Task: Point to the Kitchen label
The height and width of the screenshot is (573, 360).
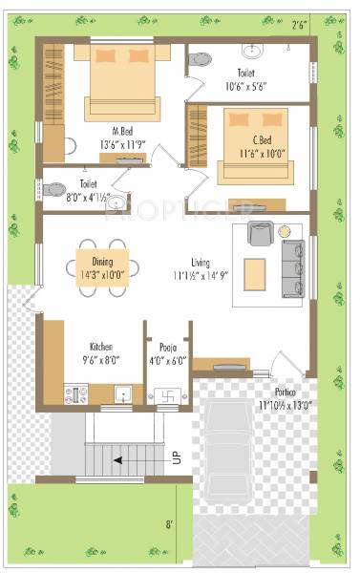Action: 102,347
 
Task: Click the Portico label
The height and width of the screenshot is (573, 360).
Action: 282,393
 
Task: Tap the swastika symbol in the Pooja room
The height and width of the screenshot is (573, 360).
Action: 165,392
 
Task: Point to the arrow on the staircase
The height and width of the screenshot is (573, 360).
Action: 119,459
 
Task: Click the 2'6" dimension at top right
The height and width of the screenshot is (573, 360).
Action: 300,26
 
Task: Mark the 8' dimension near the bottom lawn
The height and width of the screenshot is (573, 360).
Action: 169,523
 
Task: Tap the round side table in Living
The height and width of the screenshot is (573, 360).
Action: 285,231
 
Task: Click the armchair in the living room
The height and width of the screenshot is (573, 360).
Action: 259,233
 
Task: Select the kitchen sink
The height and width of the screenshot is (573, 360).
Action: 120,393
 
